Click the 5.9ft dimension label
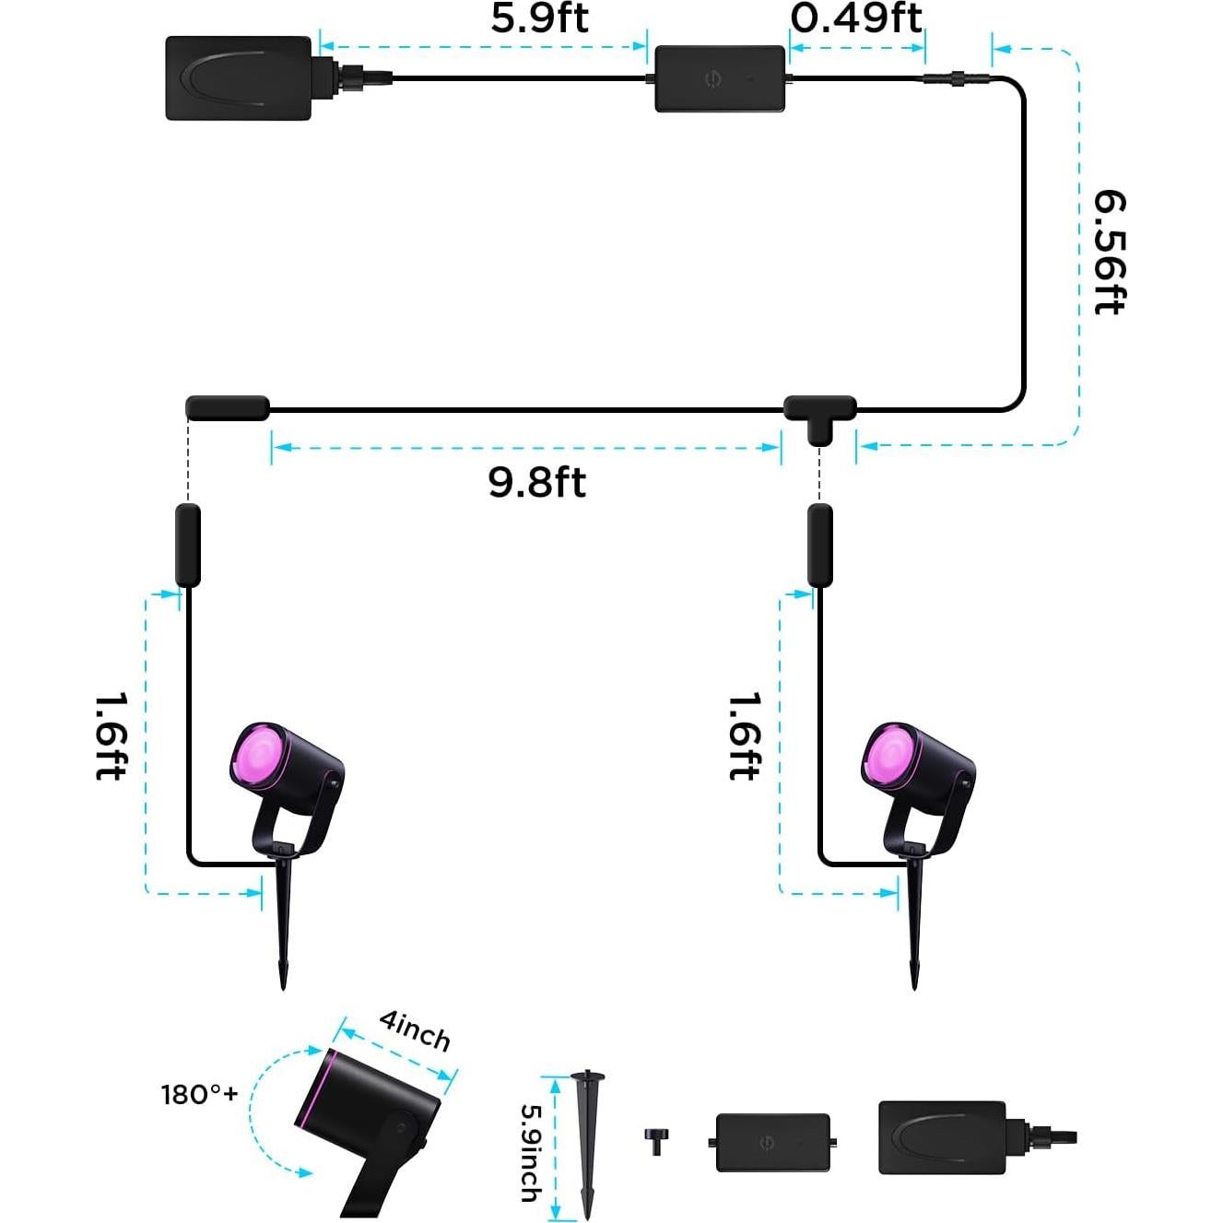coord(539,18)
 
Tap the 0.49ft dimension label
coord(856,18)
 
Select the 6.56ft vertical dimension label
coord(1109,252)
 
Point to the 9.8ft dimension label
coord(536,482)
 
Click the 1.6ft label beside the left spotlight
coord(111,736)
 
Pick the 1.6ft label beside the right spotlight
coord(745,736)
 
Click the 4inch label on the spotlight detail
coord(416,1030)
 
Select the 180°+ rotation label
coord(199,1094)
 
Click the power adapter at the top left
coord(239,78)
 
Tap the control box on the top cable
coord(720,79)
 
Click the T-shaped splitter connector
coord(819,415)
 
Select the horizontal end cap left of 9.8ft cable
coord(228,408)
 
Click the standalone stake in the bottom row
coord(587,1143)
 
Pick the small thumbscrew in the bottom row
coord(656,1140)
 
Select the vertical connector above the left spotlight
coord(188,545)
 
